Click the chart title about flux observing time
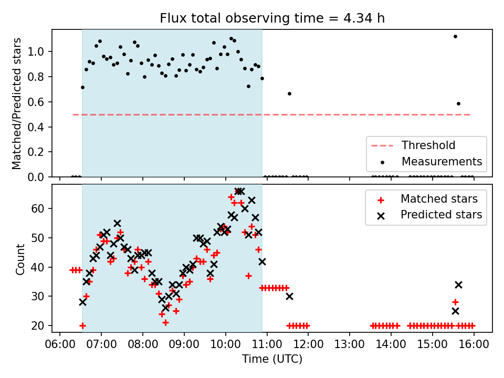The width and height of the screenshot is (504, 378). pyautogui.click(x=272, y=18)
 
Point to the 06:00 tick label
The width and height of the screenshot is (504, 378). pyautogui.click(x=60, y=344)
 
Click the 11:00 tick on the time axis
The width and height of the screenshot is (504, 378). pyautogui.click(x=267, y=344)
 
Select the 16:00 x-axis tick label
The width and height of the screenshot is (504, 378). pyautogui.click(x=474, y=344)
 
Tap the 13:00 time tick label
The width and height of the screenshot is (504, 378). pyautogui.click(x=350, y=344)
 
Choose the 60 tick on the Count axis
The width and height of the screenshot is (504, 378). pyautogui.click(x=37, y=208)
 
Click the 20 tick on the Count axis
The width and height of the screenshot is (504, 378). pyautogui.click(x=37, y=325)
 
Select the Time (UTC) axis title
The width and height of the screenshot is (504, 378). pyautogui.click(x=272, y=359)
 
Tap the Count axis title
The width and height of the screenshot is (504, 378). pyautogui.click(x=20, y=259)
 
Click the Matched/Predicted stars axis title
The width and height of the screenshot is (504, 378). pyautogui.click(x=16, y=103)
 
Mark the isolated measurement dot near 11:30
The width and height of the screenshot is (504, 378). pyautogui.click(x=289, y=94)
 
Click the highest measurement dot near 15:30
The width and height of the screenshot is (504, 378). pyautogui.click(x=455, y=37)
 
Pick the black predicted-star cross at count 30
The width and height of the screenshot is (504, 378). pyautogui.click(x=289, y=296)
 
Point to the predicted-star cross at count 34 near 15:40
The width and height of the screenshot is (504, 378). pyautogui.click(x=458, y=285)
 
